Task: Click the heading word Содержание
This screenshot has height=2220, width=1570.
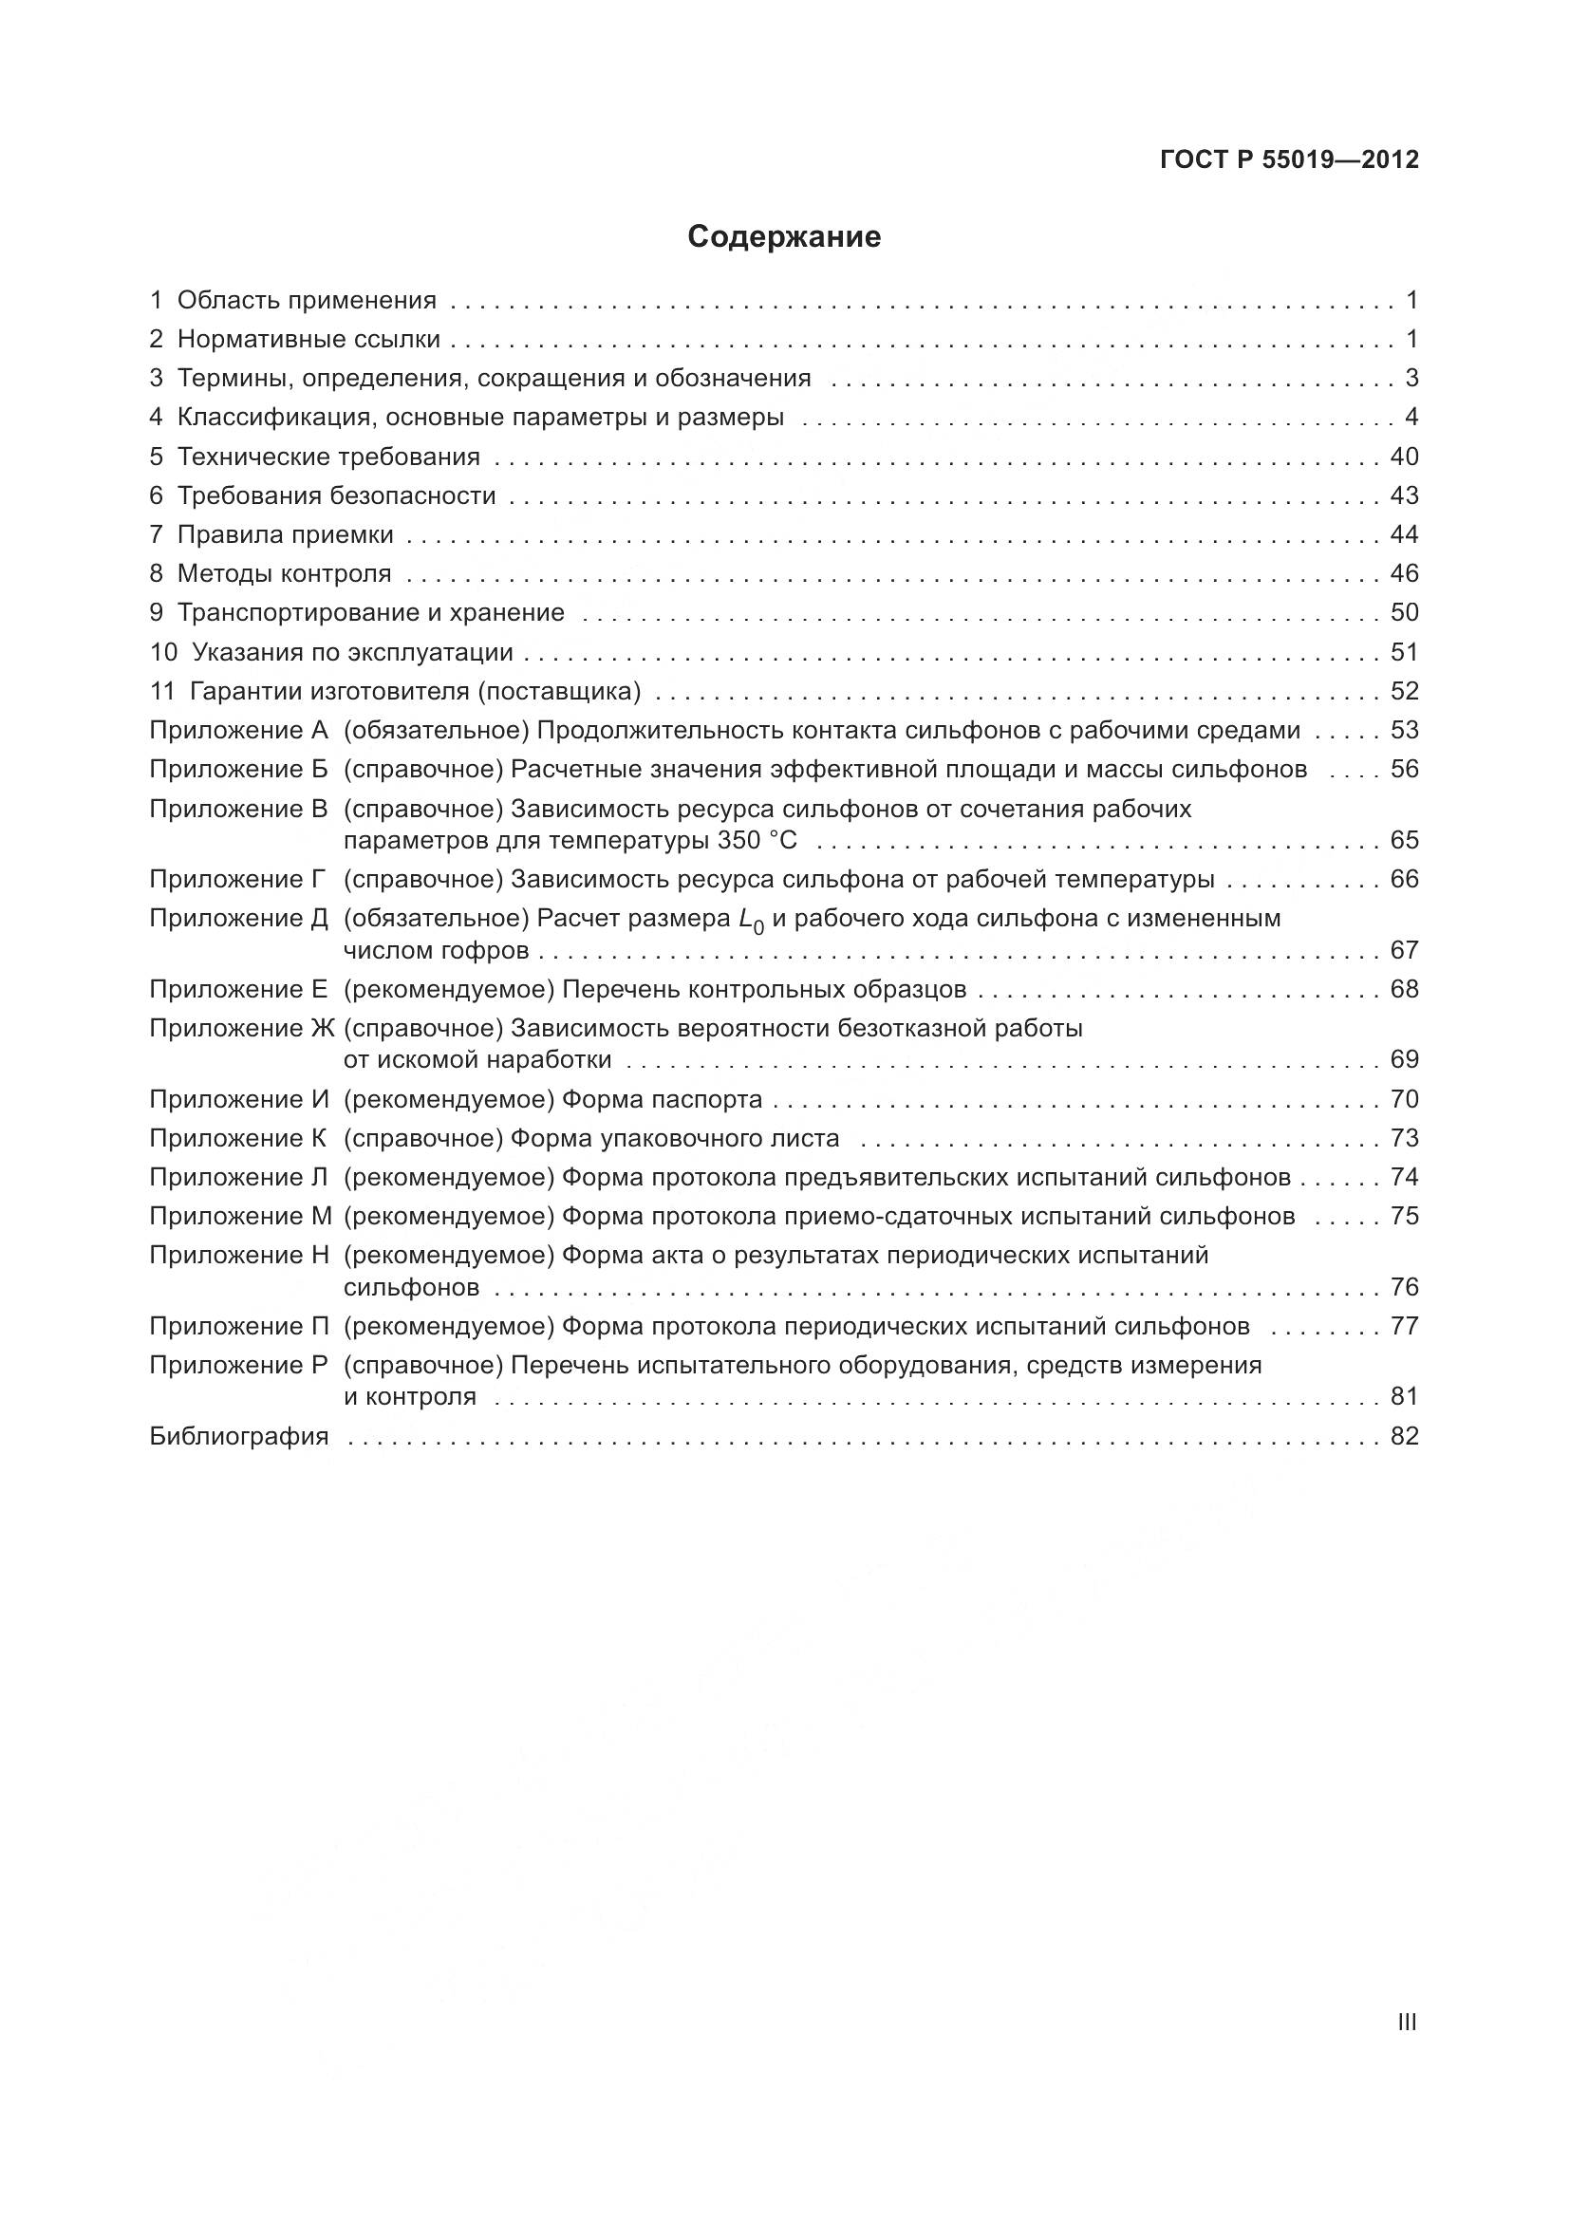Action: click(784, 237)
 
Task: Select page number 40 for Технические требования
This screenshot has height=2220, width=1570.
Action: click(1404, 457)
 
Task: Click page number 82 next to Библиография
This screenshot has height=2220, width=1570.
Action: click(1404, 1436)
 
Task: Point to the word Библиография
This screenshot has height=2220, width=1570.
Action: click(239, 1436)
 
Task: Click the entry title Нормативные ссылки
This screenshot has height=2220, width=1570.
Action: click(308, 340)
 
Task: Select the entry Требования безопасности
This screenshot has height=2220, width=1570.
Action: click(336, 496)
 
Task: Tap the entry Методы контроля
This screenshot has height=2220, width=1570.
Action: click(284, 573)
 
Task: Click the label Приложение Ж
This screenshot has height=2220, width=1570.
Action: click(241, 1028)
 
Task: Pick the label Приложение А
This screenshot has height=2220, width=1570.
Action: click(239, 730)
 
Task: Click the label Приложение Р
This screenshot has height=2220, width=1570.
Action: click(239, 1364)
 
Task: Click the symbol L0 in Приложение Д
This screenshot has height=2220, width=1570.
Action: click(750, 920)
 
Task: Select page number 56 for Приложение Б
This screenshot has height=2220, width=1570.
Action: click(1404, 769)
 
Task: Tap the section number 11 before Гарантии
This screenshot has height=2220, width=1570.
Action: click(161, 691)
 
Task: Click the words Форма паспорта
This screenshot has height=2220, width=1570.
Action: click(662, 1099)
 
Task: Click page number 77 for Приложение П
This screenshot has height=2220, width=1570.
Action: click(1404, 1326)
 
